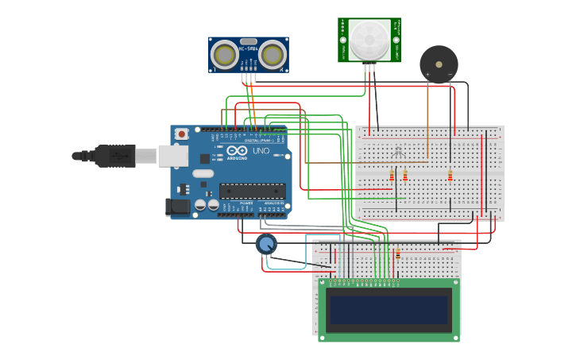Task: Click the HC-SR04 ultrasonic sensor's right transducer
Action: [x=273, y=55]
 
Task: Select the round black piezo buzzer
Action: [x=439, y=64]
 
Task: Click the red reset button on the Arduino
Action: [x=182, y=134]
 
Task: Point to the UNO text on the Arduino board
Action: [x=261, y=150]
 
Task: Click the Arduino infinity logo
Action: [x=237, y=150]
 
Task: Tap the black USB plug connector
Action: [x=115, y=156]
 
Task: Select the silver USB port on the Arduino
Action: [x=172, y=156]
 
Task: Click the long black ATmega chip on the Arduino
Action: [x=252, y=191]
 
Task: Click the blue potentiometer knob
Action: [x=266, y=244]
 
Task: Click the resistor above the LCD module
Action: [x=398, y=255]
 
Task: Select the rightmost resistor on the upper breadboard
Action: [x=450, y=175]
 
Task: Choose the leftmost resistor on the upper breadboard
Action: [x=392, y=175]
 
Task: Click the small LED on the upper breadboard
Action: [x=399, y=149]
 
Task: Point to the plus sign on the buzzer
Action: [x=427, y=75]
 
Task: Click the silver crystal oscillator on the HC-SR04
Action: [x=248, y=41]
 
